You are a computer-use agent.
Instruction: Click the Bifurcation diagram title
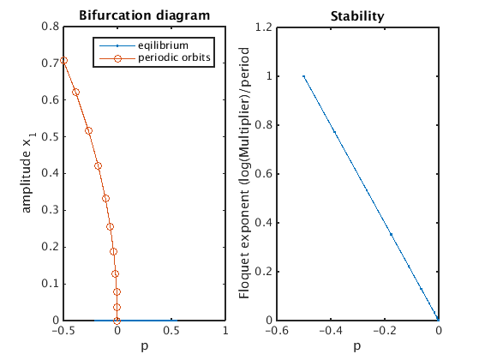tap(145, 15)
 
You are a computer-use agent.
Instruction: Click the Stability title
tap(357, 16)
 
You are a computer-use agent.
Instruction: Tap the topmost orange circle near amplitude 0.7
tap(64, 60)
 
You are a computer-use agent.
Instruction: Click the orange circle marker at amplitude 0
tap(117, 321)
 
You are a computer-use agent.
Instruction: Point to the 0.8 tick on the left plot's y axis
tap(50, 27)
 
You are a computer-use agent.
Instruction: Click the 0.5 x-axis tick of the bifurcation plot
tap(171, 331)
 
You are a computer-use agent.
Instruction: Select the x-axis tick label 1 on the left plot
tap(225, 331)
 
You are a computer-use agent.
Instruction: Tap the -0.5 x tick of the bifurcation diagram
tap(63, 331)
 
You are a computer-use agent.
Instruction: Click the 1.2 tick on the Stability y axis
tap(264, 27)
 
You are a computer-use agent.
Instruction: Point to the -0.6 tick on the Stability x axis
tap(277, 331)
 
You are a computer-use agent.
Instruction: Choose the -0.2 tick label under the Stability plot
tap(385, 331)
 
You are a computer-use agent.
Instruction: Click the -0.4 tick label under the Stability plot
tap(331, 331)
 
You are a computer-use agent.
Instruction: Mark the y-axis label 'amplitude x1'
tap(28, 172)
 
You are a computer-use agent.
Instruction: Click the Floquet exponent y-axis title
tap(244, 173)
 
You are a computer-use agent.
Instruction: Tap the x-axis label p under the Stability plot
tap(357, 345)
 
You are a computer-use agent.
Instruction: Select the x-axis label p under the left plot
tap(145, 345)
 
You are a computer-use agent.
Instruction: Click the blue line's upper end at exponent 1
tap(303, 76)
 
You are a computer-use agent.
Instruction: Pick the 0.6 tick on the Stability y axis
tap(264, 174)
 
